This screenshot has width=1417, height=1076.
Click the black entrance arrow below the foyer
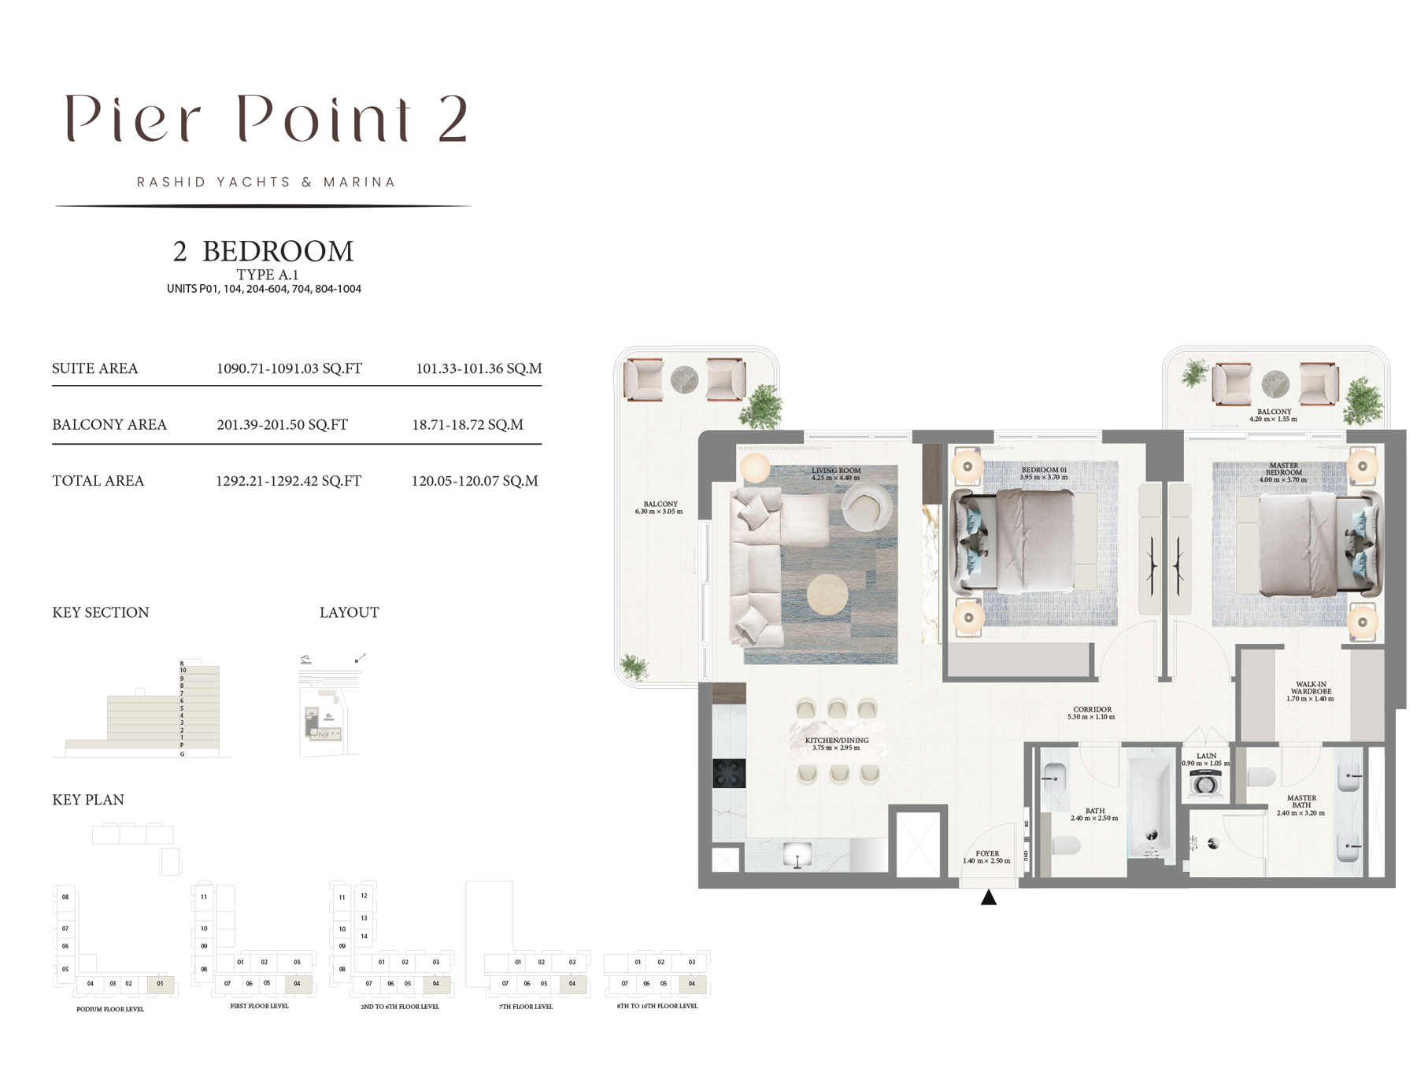pos(989,897)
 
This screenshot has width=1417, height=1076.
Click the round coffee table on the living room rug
pos(827,594)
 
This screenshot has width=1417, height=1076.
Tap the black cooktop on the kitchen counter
pos(729,773)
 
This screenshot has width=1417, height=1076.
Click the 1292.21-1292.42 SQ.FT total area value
pos(288,481)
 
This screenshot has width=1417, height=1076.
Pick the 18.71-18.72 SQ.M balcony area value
pos(468,425)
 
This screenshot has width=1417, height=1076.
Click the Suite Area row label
pos(94,368)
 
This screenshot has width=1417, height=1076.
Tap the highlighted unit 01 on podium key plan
pos(161,983)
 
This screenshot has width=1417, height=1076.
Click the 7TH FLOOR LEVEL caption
pos(526,1007)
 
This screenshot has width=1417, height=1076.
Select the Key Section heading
pos(100,612)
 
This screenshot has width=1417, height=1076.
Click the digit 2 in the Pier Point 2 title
pos(453,120)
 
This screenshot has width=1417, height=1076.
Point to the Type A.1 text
pos(267,275)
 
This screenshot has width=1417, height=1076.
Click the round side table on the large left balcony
pos(684,380)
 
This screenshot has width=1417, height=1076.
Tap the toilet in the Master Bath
pos(1260,778)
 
